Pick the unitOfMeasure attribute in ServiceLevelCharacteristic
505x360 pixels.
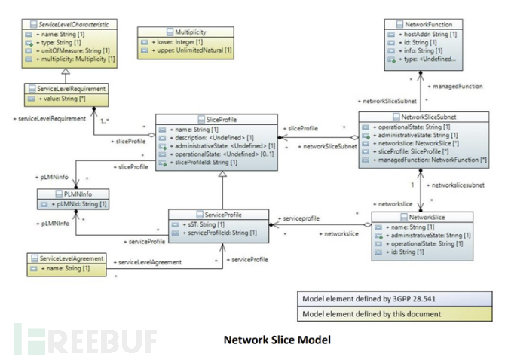coord(75,51)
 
